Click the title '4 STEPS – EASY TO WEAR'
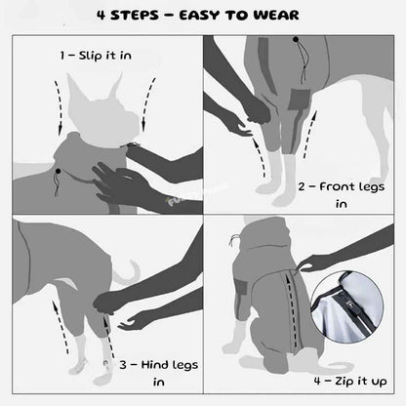click(x=202, y=16)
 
